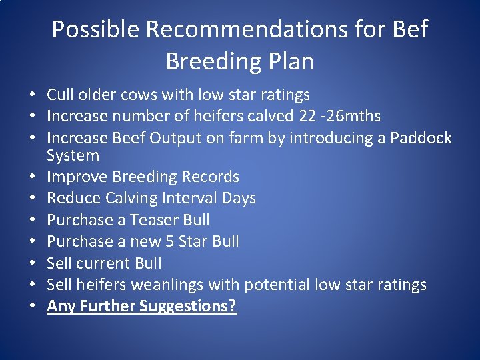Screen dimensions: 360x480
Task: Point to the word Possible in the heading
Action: [95, 29]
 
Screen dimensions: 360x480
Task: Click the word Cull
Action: [60, 95]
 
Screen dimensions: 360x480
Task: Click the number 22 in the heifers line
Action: [307, 116]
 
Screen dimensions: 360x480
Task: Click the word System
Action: [73, 156]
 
